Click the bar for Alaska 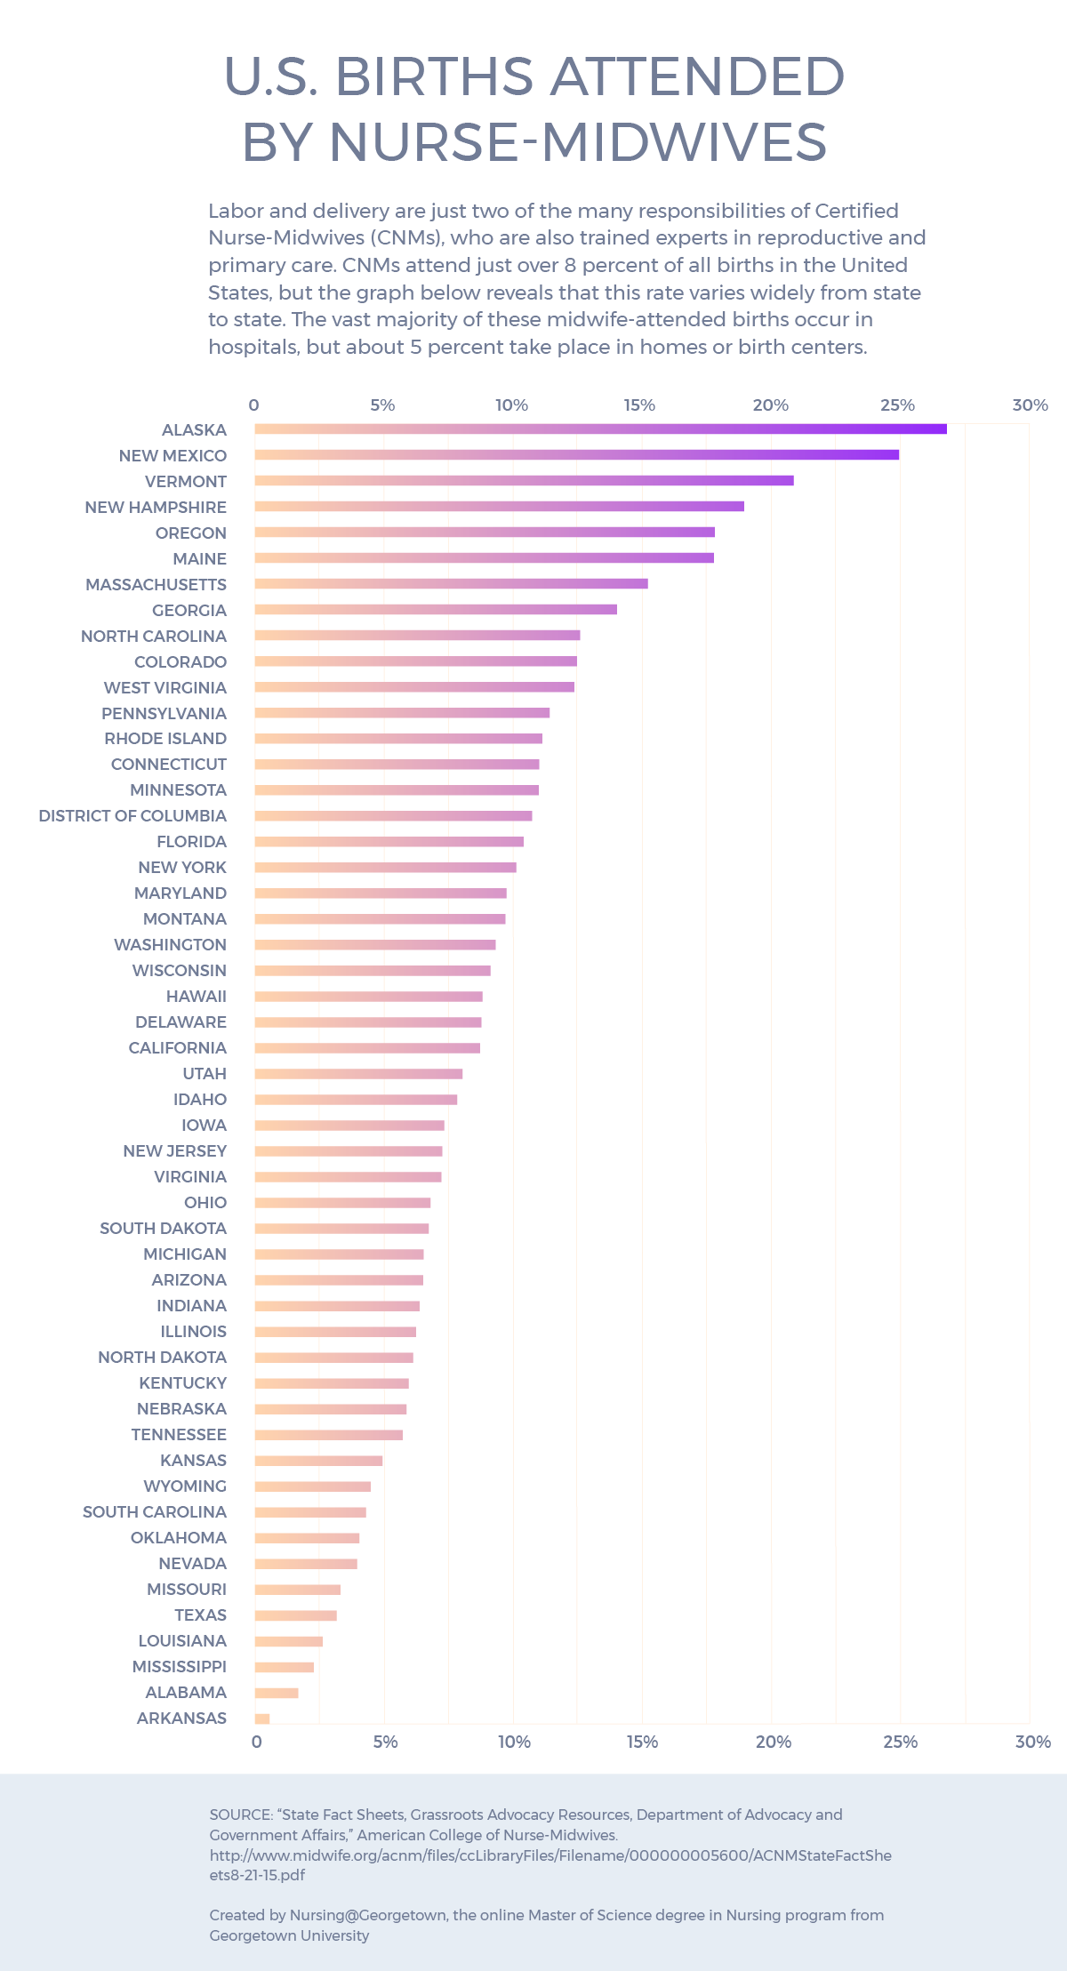pyautogui.click(x=600, y=429)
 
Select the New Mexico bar pyautogui.click(x=576, y=454)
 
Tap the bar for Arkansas pyautogui.click(x=262, y=1719)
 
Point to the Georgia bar pyautogui.click(x=436, y=609)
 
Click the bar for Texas pyautogui.click(x=295, y=1615)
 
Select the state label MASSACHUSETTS pyautogui.click(x=156, y=584)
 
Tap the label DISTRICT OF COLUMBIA pyautogui.click(x=132, y=815)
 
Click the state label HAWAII pyautogui.click(x=196, y=996)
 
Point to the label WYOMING pyautogui.click(x=185, y=1486)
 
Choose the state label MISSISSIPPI pyautogui.click(x=179, y=1666)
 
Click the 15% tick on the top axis pyautogui.click(x=639, y=405)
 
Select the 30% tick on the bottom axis pyautogui.click(x=1032, y=1742)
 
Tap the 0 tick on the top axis pyautogui.click(x=253, y=405)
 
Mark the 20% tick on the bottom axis pyautogui.click(x=773, y=1742)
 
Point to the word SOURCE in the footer pyautogui.click(x=240, y=1815)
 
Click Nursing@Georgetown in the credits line pyautogui.click(x=367, y=1915)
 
